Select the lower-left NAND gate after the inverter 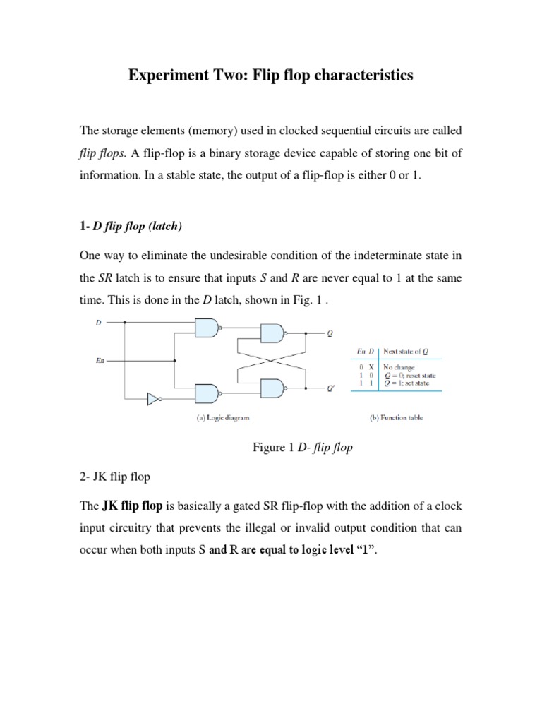[205, 394]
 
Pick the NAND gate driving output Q [272, 334]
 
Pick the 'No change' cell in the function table [399, 367]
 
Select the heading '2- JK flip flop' [114, 477]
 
